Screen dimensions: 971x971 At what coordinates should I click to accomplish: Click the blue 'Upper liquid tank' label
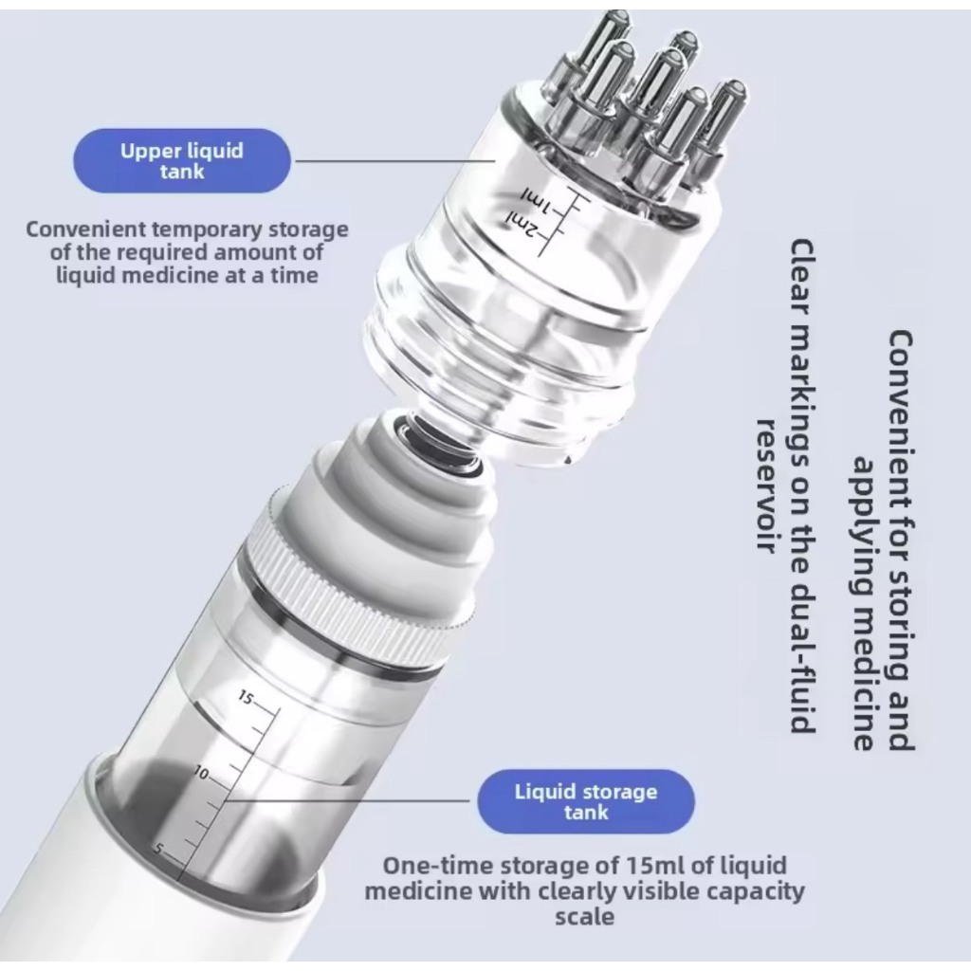pos(181,161)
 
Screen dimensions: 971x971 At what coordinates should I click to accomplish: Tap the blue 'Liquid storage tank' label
pos(586,801)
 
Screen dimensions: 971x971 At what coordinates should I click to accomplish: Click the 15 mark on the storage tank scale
pos(246,698)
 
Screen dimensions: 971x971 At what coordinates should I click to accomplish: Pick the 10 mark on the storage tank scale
pos(201,773)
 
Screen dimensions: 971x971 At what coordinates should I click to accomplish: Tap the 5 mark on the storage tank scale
pos(159,849)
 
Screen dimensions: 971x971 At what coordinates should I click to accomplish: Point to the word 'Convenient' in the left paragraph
pos(85,229)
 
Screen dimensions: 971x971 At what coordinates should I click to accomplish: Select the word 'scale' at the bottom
pos(584,917)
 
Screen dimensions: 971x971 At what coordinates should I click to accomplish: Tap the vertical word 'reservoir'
pos(768,485)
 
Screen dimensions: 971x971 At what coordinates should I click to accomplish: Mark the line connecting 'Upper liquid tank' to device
pos(395,161)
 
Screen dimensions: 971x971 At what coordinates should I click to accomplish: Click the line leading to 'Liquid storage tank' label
pos(348,800)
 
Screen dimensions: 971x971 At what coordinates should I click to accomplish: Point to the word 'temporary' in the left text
pos(207,230)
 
